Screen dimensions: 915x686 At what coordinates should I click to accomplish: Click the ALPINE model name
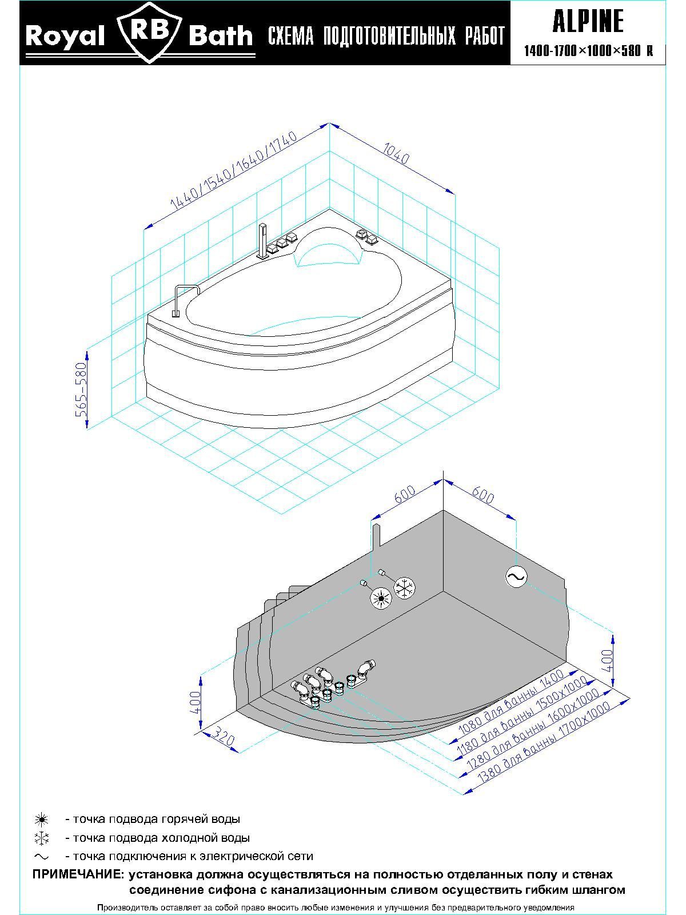(x=588, y=22)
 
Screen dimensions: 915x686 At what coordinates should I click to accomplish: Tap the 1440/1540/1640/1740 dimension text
(x=234, y=170)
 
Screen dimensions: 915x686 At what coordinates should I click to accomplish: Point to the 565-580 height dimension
(x=81, y=388)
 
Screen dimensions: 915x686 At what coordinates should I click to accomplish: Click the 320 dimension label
(x=224, y=739)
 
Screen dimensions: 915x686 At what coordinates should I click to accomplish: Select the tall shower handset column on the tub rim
(x=263, y=240)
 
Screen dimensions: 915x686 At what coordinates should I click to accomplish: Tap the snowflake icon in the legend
(x=42, y=838)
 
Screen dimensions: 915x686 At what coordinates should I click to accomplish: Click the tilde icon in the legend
(x=42, y=856)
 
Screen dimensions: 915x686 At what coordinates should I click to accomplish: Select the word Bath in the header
(x=220, y=37)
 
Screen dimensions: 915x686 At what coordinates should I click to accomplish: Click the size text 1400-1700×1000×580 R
(x=588, y=51)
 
